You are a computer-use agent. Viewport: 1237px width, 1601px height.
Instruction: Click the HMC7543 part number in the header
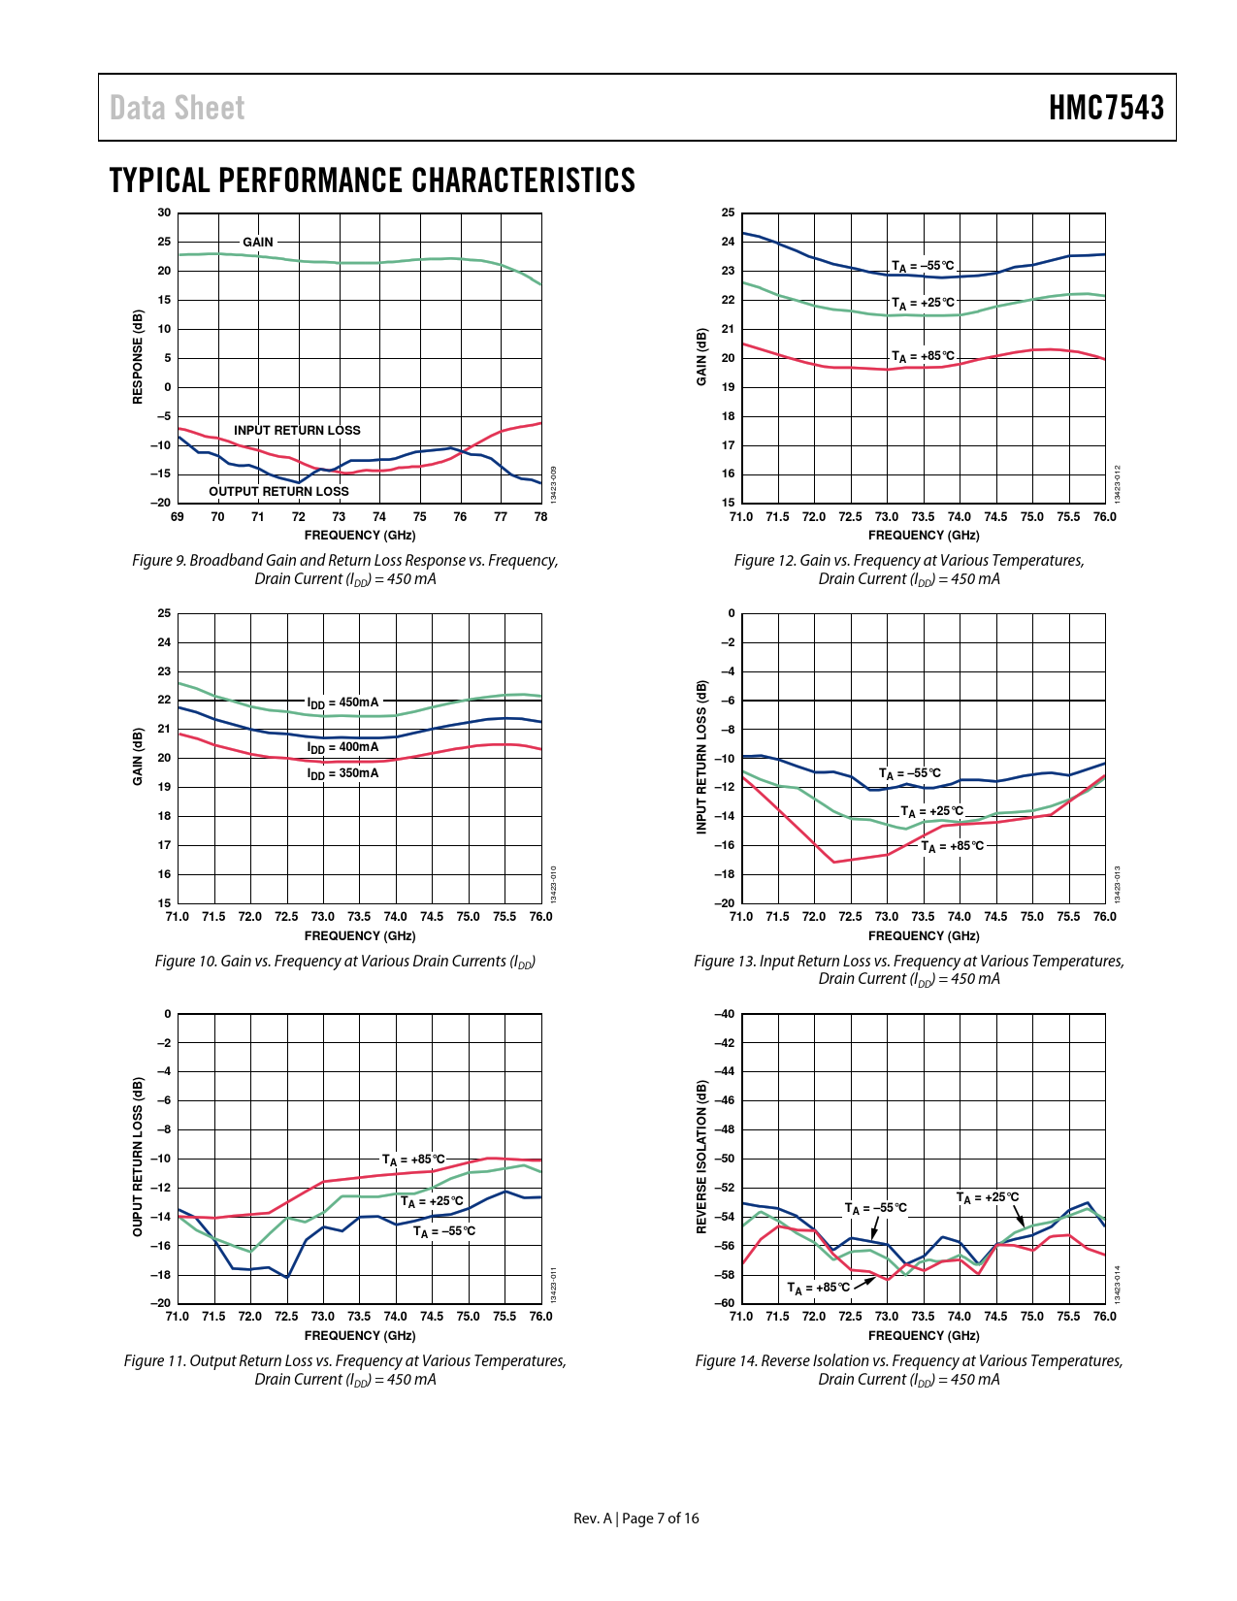click(x=1106, y=108)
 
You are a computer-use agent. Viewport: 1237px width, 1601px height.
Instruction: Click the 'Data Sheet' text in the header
click(x=177, y=108)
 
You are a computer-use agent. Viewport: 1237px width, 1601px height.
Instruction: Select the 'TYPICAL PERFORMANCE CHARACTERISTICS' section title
click(x=372, y=180)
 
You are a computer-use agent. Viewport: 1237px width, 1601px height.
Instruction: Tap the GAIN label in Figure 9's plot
click(x=258, y=242)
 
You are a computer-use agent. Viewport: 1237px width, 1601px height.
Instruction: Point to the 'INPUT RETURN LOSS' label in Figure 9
click(x=297, y=430)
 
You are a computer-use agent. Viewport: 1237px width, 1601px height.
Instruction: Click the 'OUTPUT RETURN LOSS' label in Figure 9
click(x=278, y=491)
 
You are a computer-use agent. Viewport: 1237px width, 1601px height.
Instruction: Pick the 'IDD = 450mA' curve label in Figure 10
click(x=342, y=702)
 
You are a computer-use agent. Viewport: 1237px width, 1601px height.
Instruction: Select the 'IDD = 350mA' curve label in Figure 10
click(x=342, y=773)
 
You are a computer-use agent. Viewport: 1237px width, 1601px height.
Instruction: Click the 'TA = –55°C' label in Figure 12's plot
click(x=923, y=266)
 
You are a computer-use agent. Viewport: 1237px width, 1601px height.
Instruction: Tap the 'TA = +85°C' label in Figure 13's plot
click(x=952, y=846)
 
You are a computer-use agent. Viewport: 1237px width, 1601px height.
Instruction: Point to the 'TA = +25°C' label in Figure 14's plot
click(x=988, y=1197)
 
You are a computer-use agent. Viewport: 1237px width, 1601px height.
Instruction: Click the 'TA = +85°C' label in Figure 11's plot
click(x=413, y=1160)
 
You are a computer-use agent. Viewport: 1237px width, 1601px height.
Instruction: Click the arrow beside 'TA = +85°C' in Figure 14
click(x=864, y=1282)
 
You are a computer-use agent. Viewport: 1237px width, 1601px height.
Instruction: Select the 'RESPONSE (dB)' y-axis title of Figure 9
click(x=138, y=357)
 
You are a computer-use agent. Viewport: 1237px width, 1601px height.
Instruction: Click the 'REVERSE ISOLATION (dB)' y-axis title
click(x=701, y=1158)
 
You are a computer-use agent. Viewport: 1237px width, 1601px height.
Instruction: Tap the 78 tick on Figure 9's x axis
click(x=540, y=517)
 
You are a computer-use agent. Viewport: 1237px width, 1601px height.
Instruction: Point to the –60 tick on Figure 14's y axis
click(x=725, y=1303)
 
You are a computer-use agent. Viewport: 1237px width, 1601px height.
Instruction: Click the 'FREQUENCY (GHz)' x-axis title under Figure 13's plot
click(x=923, y=935)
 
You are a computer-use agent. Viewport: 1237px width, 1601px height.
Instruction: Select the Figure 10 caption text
click(x=344, y=961)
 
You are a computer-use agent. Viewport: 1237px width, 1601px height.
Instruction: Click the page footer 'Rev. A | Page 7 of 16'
click(x=635, y=1519)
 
